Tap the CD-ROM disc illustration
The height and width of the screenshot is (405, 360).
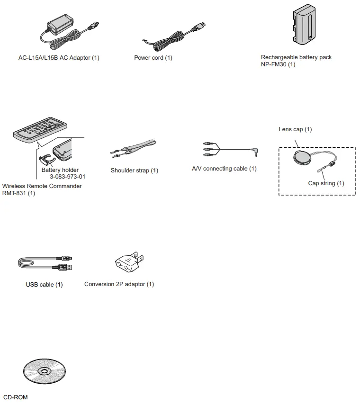(44, 371)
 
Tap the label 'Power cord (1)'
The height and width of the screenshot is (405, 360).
(153, 58)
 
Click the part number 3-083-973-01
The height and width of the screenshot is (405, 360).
(68, 177)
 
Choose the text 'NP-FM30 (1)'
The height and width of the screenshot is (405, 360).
(278, 64)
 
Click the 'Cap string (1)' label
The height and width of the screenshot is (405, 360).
(326, 183)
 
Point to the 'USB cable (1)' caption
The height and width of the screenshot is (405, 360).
(44, 285)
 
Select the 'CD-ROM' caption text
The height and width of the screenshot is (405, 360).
(15, 397)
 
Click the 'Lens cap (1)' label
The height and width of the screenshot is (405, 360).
(295, 129)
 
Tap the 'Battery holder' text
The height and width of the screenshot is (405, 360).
(60, 170)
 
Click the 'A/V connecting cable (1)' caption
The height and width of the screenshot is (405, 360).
(224, 169)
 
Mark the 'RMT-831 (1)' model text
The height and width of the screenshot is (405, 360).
(18, 193)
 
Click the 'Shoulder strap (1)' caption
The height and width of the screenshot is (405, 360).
(135, 171)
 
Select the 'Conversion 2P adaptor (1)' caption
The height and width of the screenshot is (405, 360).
(119, 284)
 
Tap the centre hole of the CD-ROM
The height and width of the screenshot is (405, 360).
(44, 371)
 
